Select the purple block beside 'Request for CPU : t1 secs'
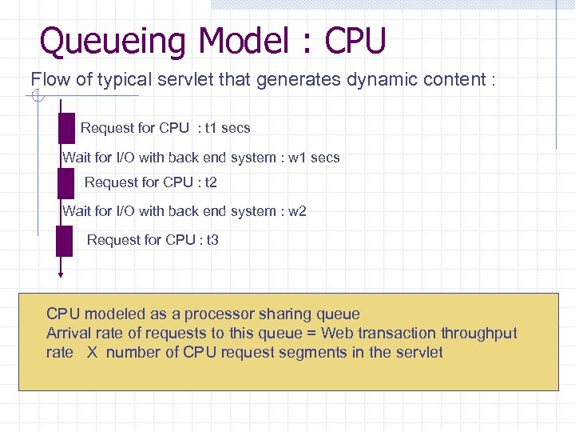pos(66,128)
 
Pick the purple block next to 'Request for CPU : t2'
pos(65,183)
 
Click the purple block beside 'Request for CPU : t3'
pos(64,241)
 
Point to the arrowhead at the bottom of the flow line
pos(61,274)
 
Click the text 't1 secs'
pos(228,128)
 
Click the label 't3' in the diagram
pos(212,240)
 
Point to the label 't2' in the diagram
pos(211,182)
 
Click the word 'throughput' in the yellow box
pos(478,334)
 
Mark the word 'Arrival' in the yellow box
pos(69,334)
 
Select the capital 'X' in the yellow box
pos(92,353)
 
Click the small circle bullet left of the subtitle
pos(37,98)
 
